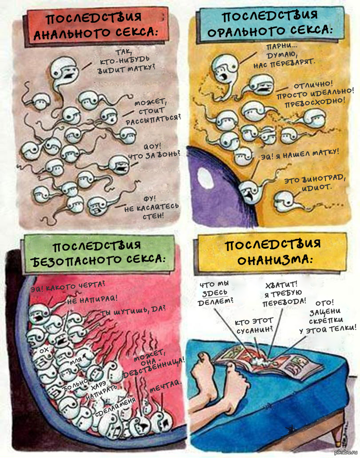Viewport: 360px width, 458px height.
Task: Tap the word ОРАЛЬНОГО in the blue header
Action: click(x=242, y=31)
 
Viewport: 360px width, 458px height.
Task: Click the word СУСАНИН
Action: click(x=254, y=331)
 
